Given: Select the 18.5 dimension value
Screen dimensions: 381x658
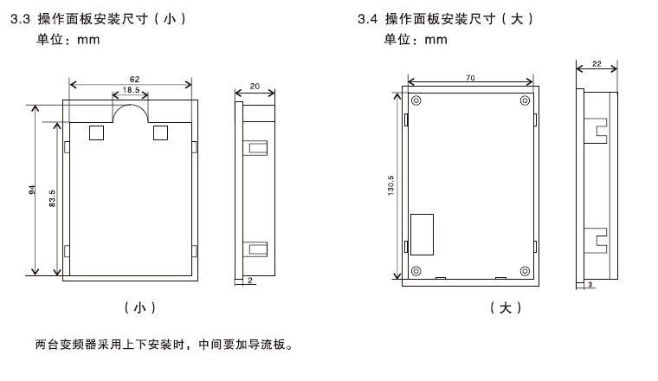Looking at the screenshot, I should pos(132,90).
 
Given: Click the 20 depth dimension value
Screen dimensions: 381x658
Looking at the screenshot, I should pos(253,86).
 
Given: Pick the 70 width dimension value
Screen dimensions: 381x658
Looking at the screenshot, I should pos(470,78).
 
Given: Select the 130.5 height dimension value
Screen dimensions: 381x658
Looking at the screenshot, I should pos(392,186).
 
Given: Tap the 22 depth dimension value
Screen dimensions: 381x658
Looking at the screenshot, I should pos(597,63).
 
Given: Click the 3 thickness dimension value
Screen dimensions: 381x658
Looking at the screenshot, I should pos(590,284).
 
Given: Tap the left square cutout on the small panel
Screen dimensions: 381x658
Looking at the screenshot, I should pos(96,132).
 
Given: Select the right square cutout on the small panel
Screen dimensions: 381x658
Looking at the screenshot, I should pos(159,132).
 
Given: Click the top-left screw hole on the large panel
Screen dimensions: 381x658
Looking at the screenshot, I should pos(416,100).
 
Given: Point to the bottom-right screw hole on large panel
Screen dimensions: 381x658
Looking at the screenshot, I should pos(525,270).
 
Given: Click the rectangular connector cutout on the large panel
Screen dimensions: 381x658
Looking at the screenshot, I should pos(421,234).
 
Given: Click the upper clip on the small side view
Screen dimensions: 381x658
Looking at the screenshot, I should pos(257,148).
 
